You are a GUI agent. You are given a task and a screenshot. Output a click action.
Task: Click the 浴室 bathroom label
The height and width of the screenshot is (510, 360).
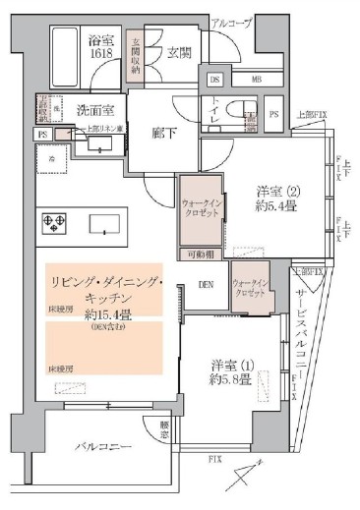[101, 41]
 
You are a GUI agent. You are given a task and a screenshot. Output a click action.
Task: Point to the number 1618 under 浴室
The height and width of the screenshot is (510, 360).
[101, 56]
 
